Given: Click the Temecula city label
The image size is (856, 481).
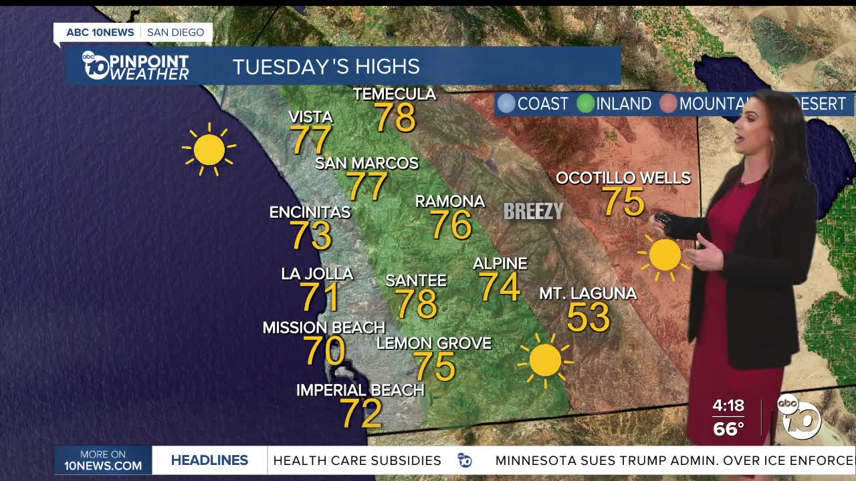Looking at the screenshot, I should click(x=395, y=94).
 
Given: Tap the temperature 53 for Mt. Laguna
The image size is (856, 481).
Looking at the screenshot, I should click(x=588, y=317).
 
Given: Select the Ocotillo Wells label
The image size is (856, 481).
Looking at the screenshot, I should click(x=623, y=178).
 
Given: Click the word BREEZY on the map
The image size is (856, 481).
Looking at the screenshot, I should click(x=534, y=211).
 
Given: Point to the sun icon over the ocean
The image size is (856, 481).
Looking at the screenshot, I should click(x=209, y=149).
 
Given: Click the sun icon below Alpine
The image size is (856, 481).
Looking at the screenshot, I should click(x=545, y=361).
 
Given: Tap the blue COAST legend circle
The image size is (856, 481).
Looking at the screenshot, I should click(x=507, y=104).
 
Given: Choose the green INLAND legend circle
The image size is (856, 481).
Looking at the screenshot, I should click(x=586, y=104).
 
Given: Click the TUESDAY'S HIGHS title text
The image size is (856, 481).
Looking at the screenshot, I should click(x=326, y=67).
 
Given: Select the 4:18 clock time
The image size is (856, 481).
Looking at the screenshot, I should click(x=728, y=406).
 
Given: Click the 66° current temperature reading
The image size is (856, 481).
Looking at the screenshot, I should click(x=728, y=428).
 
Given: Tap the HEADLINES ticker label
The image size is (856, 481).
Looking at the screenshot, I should click(x=209, y=460).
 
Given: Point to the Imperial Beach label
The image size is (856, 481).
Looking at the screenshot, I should click(x=360, y=389).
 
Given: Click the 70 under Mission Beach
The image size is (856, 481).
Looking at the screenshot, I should click(x=324, y=351).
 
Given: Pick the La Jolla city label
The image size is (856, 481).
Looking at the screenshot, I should click(x=317, y=273).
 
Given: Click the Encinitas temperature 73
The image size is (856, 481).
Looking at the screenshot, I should click(x=311, y=235).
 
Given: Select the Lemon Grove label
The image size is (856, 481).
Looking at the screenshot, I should click(x=434, y=343).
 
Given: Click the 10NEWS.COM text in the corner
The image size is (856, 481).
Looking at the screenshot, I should click(x=103, y=466).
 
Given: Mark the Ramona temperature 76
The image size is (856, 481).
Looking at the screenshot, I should click(x=451, y=224).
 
